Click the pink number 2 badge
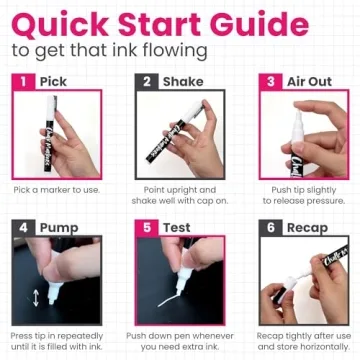(147, 81)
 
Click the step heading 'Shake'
(183, 81)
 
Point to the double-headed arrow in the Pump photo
(37, 298)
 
